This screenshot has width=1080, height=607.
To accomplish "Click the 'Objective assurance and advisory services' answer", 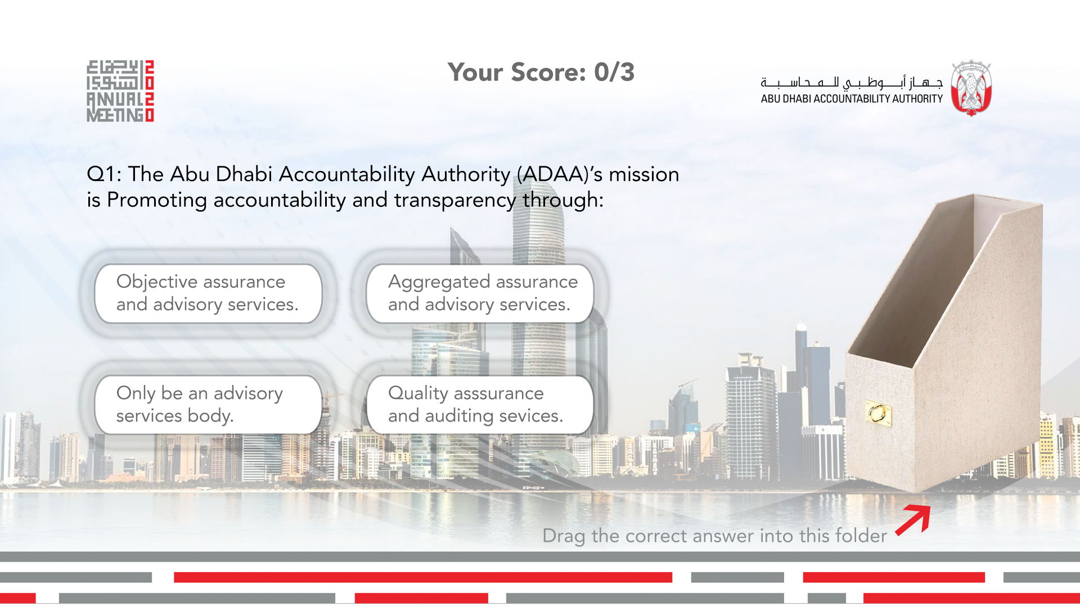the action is (208, 293).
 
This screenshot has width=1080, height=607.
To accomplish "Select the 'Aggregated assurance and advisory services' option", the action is (480, 293).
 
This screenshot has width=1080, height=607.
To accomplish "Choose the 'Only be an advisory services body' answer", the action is (208, 405).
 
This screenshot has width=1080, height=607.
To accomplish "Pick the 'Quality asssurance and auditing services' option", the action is (480, 405).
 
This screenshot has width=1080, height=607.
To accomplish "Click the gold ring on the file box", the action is (877, 414).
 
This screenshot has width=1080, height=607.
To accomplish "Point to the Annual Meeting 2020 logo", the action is (120, 91).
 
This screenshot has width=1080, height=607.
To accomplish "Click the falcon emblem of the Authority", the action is (971, 89).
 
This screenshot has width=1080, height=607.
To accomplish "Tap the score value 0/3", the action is (614, 73).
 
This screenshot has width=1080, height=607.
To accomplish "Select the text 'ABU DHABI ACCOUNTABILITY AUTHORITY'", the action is (852, 99).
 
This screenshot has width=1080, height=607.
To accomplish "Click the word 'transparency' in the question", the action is (454, 201).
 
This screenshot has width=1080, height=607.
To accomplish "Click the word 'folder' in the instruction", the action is (861, 535).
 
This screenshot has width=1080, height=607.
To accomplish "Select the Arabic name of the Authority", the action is (852, 83).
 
